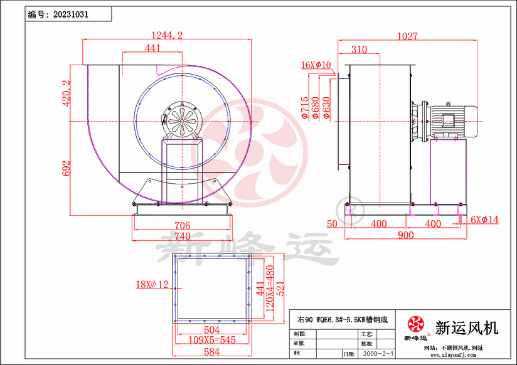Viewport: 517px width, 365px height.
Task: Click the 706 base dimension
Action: (181, 226)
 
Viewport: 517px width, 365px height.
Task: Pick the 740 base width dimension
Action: (181, 236)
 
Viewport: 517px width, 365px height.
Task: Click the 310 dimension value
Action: (359, 50)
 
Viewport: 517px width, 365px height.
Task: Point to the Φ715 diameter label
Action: (304, 108)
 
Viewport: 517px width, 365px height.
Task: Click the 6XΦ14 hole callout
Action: (484, 220)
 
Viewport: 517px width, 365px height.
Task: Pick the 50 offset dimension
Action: (333, 224)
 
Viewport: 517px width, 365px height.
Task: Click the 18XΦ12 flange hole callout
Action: (152, 285)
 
